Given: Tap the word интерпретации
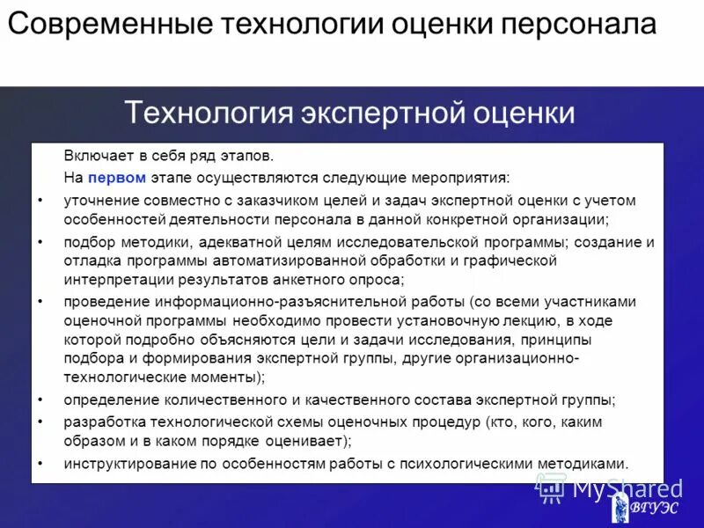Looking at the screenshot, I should [x=114, y=280].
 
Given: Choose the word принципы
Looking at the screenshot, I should [x=552, y=339].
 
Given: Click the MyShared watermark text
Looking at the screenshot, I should [x=627, y=488].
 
